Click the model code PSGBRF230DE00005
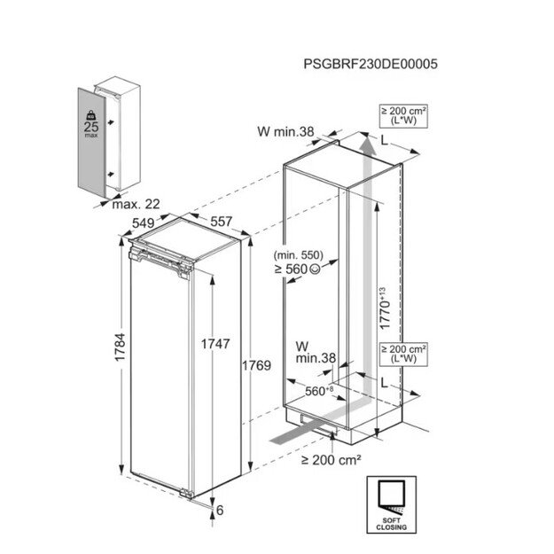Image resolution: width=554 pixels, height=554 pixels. click(x=371, y=64)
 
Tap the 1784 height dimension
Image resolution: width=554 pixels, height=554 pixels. click(x=121, y=347)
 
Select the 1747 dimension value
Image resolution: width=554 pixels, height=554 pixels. click(x=215, y=343)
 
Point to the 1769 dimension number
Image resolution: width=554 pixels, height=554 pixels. click(x=256, y=365)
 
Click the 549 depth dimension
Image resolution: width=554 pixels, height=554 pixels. click(x=144, y=223)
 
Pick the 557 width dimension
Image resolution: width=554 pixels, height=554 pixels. click(x=222, y=222)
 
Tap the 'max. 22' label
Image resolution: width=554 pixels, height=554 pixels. click(x=136, y=204)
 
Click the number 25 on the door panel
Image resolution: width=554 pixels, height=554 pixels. click(x=91, y=127)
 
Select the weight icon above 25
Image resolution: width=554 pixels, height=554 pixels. click(x=91, y=115)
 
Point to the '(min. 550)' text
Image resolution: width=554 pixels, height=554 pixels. click(x=298, y=254)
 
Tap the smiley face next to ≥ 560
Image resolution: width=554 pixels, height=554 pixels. click(x=315, y=269)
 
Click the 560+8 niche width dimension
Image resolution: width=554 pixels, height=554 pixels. click(x=319, y=391)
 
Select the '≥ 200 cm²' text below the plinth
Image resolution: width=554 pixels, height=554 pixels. click(x=331, y=460)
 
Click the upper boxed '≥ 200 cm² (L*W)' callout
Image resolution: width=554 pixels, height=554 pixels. click(x=403, y=116)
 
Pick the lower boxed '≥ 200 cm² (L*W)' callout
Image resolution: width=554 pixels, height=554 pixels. click(x=403, y=354)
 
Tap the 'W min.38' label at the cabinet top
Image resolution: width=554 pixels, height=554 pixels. click(x=285, y=131)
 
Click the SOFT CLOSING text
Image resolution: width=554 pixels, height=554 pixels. click(x=392, y=524)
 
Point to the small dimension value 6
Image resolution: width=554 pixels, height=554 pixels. click(x=220, y=511)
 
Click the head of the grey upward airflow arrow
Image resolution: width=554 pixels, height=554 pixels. click(x=368, y=145)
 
